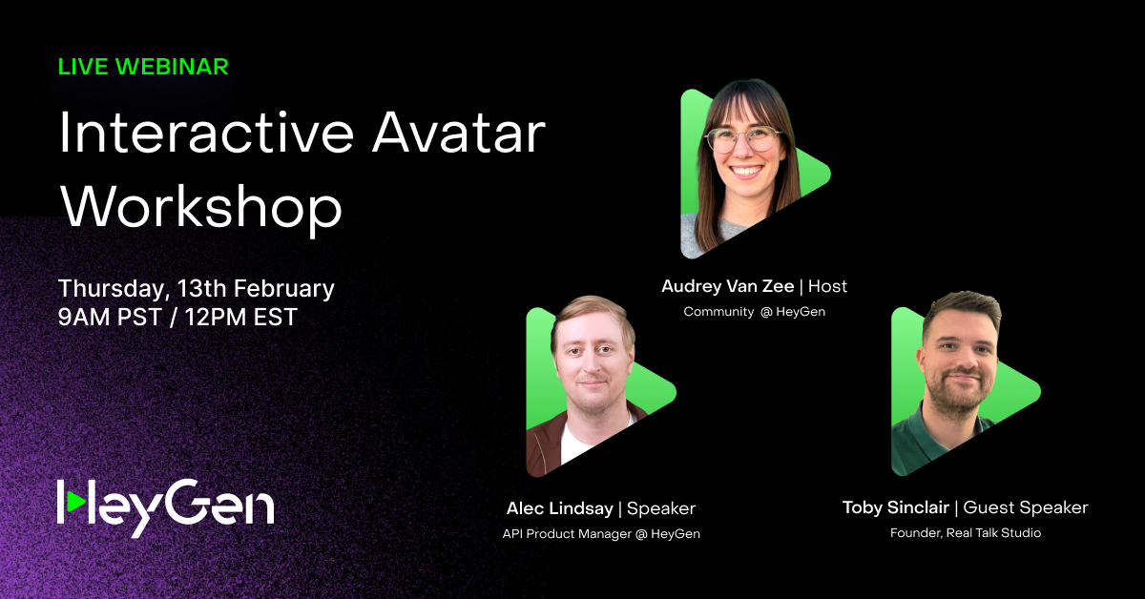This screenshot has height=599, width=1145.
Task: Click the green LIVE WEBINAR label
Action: point(143,67)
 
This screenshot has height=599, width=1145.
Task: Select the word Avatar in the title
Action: point(459,134)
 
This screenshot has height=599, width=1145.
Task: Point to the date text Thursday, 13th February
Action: point(196,288)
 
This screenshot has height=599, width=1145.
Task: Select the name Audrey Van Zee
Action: point(727,286)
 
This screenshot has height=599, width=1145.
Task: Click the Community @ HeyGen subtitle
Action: point(754,312)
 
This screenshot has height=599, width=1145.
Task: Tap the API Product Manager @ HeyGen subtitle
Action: point(601,533)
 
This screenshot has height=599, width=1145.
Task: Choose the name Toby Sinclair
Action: point(896,507)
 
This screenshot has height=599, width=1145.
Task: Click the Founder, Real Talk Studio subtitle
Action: point(965,533)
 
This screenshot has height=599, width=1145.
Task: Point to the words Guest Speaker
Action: point(1029,507)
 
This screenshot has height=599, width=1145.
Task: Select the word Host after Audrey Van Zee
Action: point(827,286)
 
